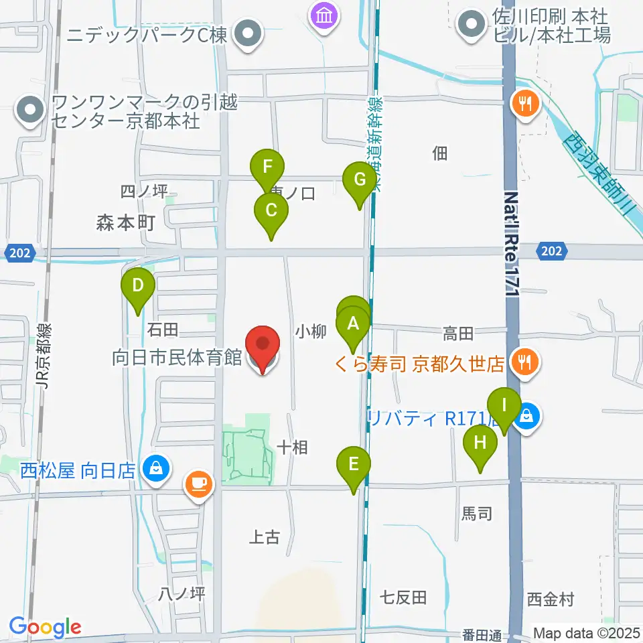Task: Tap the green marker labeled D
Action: tap(138, 287)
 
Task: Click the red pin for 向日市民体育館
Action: tap(263, 346)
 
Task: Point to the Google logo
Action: tap(46, 626)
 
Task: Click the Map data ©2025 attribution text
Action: tap(586, 633)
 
